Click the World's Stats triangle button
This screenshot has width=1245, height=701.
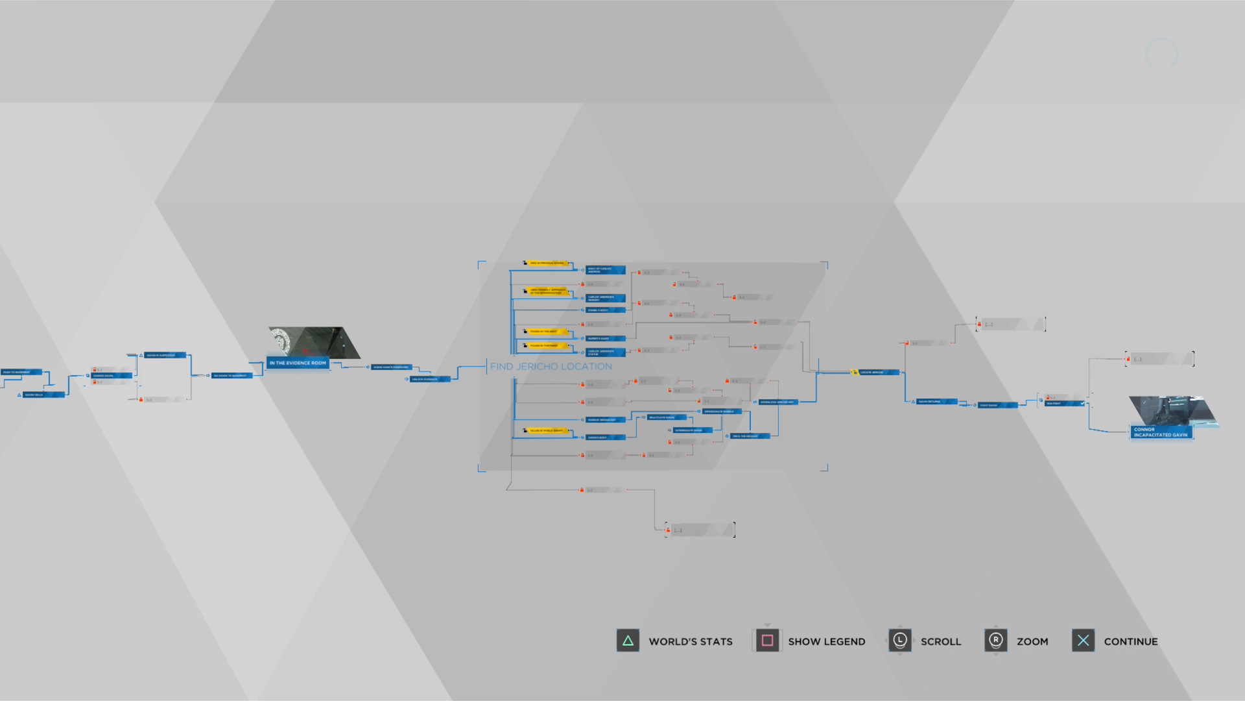[x=628, y=641]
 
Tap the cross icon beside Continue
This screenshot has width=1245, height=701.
[x=1083, y=641]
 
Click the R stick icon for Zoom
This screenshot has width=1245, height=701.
[x=995, y=641]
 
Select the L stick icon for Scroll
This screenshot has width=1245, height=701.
[x=899, y=641]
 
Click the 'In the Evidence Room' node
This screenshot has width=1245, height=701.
[x=298, y=363]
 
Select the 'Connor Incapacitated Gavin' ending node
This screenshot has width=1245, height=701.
[x=1161, y=432]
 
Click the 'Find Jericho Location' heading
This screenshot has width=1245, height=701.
[x=551, y=367]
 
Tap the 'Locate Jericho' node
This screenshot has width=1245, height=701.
[x=876, y=373]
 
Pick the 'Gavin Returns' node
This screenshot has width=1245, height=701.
[x=934, y=402]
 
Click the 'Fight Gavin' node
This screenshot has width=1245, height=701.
[x=995, y=405]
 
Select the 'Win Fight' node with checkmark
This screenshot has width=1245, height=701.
[x=1063, y=404]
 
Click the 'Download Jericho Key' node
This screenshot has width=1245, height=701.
[x=778, y=402]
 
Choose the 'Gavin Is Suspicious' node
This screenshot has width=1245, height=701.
[x=164, y=355]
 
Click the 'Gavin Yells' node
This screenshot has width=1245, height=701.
[x=43, y=395]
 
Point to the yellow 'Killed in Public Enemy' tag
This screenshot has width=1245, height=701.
[x=547, y=430]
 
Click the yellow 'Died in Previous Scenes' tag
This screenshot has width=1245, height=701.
[x=547, y=263]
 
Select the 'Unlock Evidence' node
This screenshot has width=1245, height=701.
[x=428, y=379]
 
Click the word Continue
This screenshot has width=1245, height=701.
[x=1130, y=641]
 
